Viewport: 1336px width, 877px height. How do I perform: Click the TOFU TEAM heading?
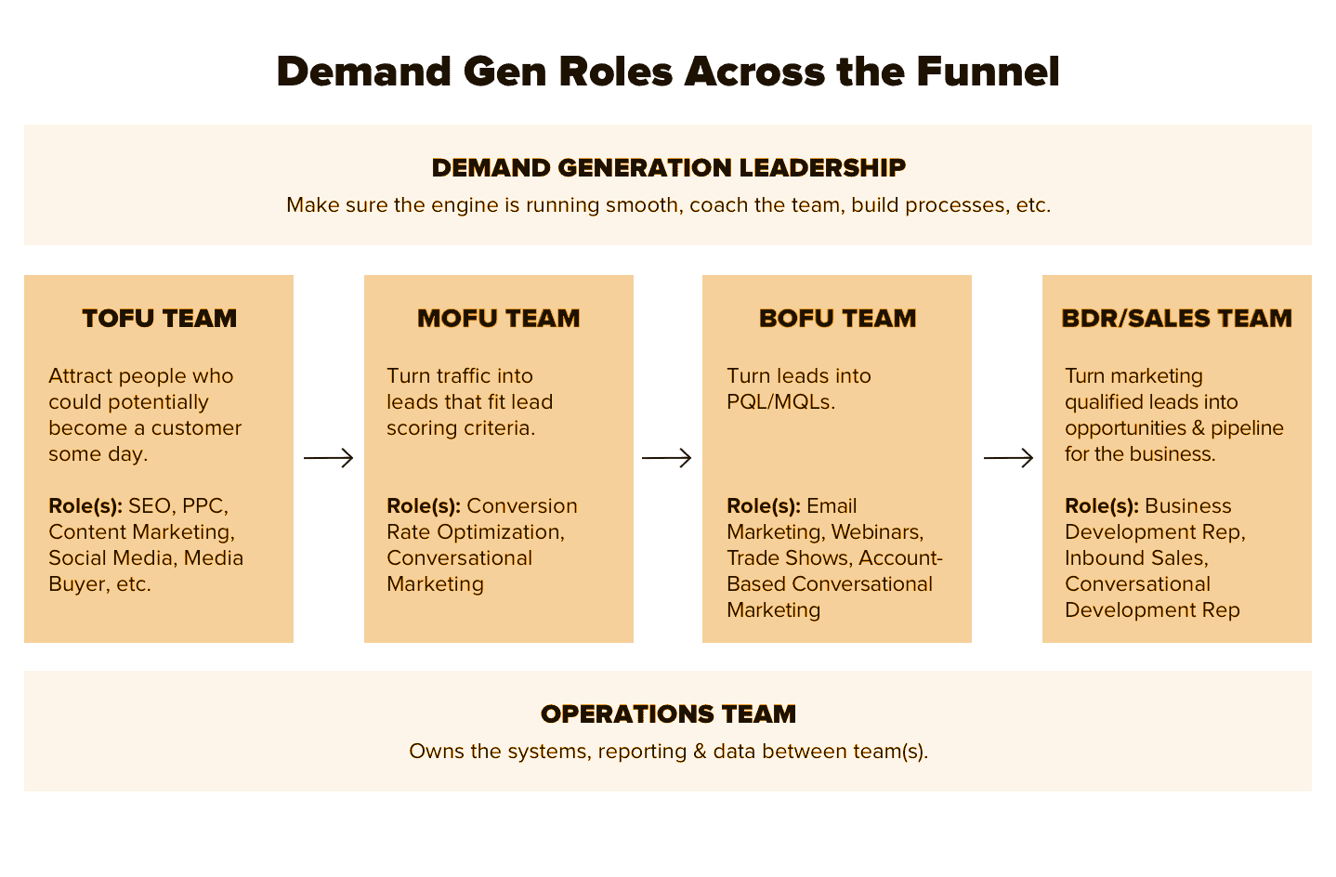point(159,319)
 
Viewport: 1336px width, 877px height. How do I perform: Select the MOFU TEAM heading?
point(498,319)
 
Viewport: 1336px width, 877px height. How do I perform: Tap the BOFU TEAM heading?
point(837,319)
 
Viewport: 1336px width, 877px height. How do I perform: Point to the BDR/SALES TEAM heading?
point(1176,319)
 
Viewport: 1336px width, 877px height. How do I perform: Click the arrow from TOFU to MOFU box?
point(329,458)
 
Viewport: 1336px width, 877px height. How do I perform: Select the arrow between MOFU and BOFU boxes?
point(667,458)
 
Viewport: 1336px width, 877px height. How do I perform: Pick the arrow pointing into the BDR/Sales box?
point(1008,458)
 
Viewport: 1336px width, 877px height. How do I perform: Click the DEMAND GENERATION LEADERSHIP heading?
point(668,168)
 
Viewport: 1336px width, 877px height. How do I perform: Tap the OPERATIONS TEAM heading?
point(668,714)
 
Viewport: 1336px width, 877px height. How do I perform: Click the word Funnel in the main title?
point(988,72)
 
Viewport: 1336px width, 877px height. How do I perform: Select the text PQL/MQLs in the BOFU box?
point(780,402)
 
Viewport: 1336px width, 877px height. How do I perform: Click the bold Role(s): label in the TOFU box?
point(85,506)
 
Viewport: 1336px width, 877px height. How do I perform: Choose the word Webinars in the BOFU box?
point(877,532)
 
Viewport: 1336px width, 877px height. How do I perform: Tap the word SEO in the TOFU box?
point(150,506)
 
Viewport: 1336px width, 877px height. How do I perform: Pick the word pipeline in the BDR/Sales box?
point(1247,428)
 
